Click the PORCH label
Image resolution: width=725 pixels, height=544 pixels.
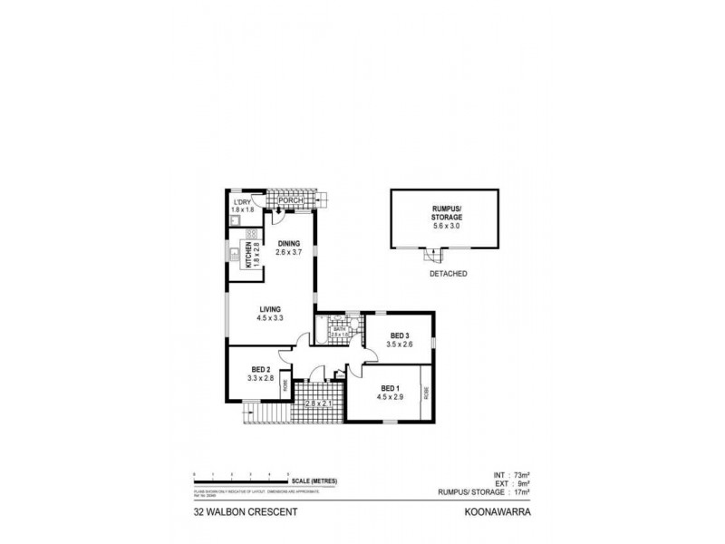(x=290, y=201)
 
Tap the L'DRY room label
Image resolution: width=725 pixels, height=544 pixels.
(x=241, y=202)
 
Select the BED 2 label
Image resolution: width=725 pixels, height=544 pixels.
(x=261, y=369)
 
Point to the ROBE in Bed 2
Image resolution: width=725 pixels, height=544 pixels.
(x=285, y=384)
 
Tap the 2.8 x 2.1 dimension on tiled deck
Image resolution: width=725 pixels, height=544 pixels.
(x=318, y=403)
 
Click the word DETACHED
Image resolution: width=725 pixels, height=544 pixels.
(x=448, y=273)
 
